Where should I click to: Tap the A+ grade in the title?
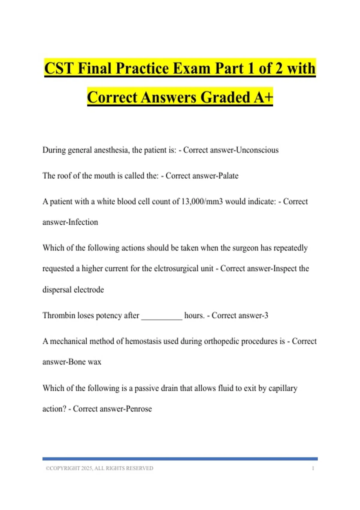tap(263, 97)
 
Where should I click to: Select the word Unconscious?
tap(257, 150)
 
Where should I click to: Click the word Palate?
tap(228, 175)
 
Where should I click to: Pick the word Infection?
tap(83, 222)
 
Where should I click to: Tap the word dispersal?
tap(57, 289)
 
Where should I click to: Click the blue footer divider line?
tap(180, 459)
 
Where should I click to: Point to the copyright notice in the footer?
tap(99, 468)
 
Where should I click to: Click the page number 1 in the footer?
tap(313, 468)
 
